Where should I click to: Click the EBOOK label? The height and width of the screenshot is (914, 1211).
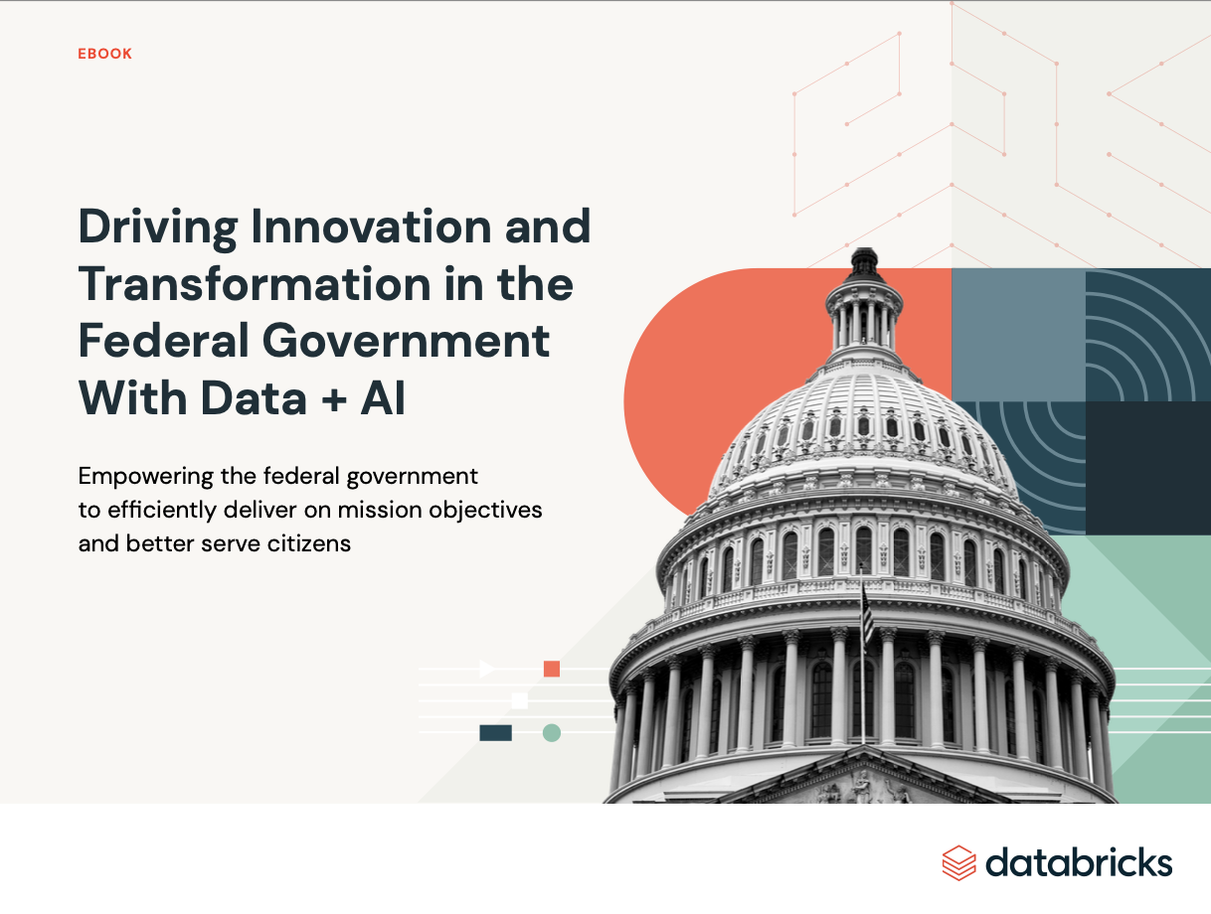(104, 54)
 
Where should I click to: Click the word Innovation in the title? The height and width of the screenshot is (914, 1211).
(371, 227)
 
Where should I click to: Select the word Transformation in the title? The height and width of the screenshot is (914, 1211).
(255, 283)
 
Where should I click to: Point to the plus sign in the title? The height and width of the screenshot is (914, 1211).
(334, 399)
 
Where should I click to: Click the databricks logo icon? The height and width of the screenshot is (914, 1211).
(958, 862)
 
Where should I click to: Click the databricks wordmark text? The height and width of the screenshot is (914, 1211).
(1079, 862)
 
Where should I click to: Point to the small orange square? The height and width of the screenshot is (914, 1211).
(552, 669)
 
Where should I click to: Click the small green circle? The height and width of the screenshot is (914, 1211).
(552, 733)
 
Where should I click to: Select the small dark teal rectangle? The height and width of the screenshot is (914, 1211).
(495, 733)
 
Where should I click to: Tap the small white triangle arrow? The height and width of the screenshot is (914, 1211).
(486, 669)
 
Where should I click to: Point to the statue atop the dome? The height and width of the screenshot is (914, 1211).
(864, 259)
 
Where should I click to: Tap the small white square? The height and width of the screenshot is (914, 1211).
(520, 700)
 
